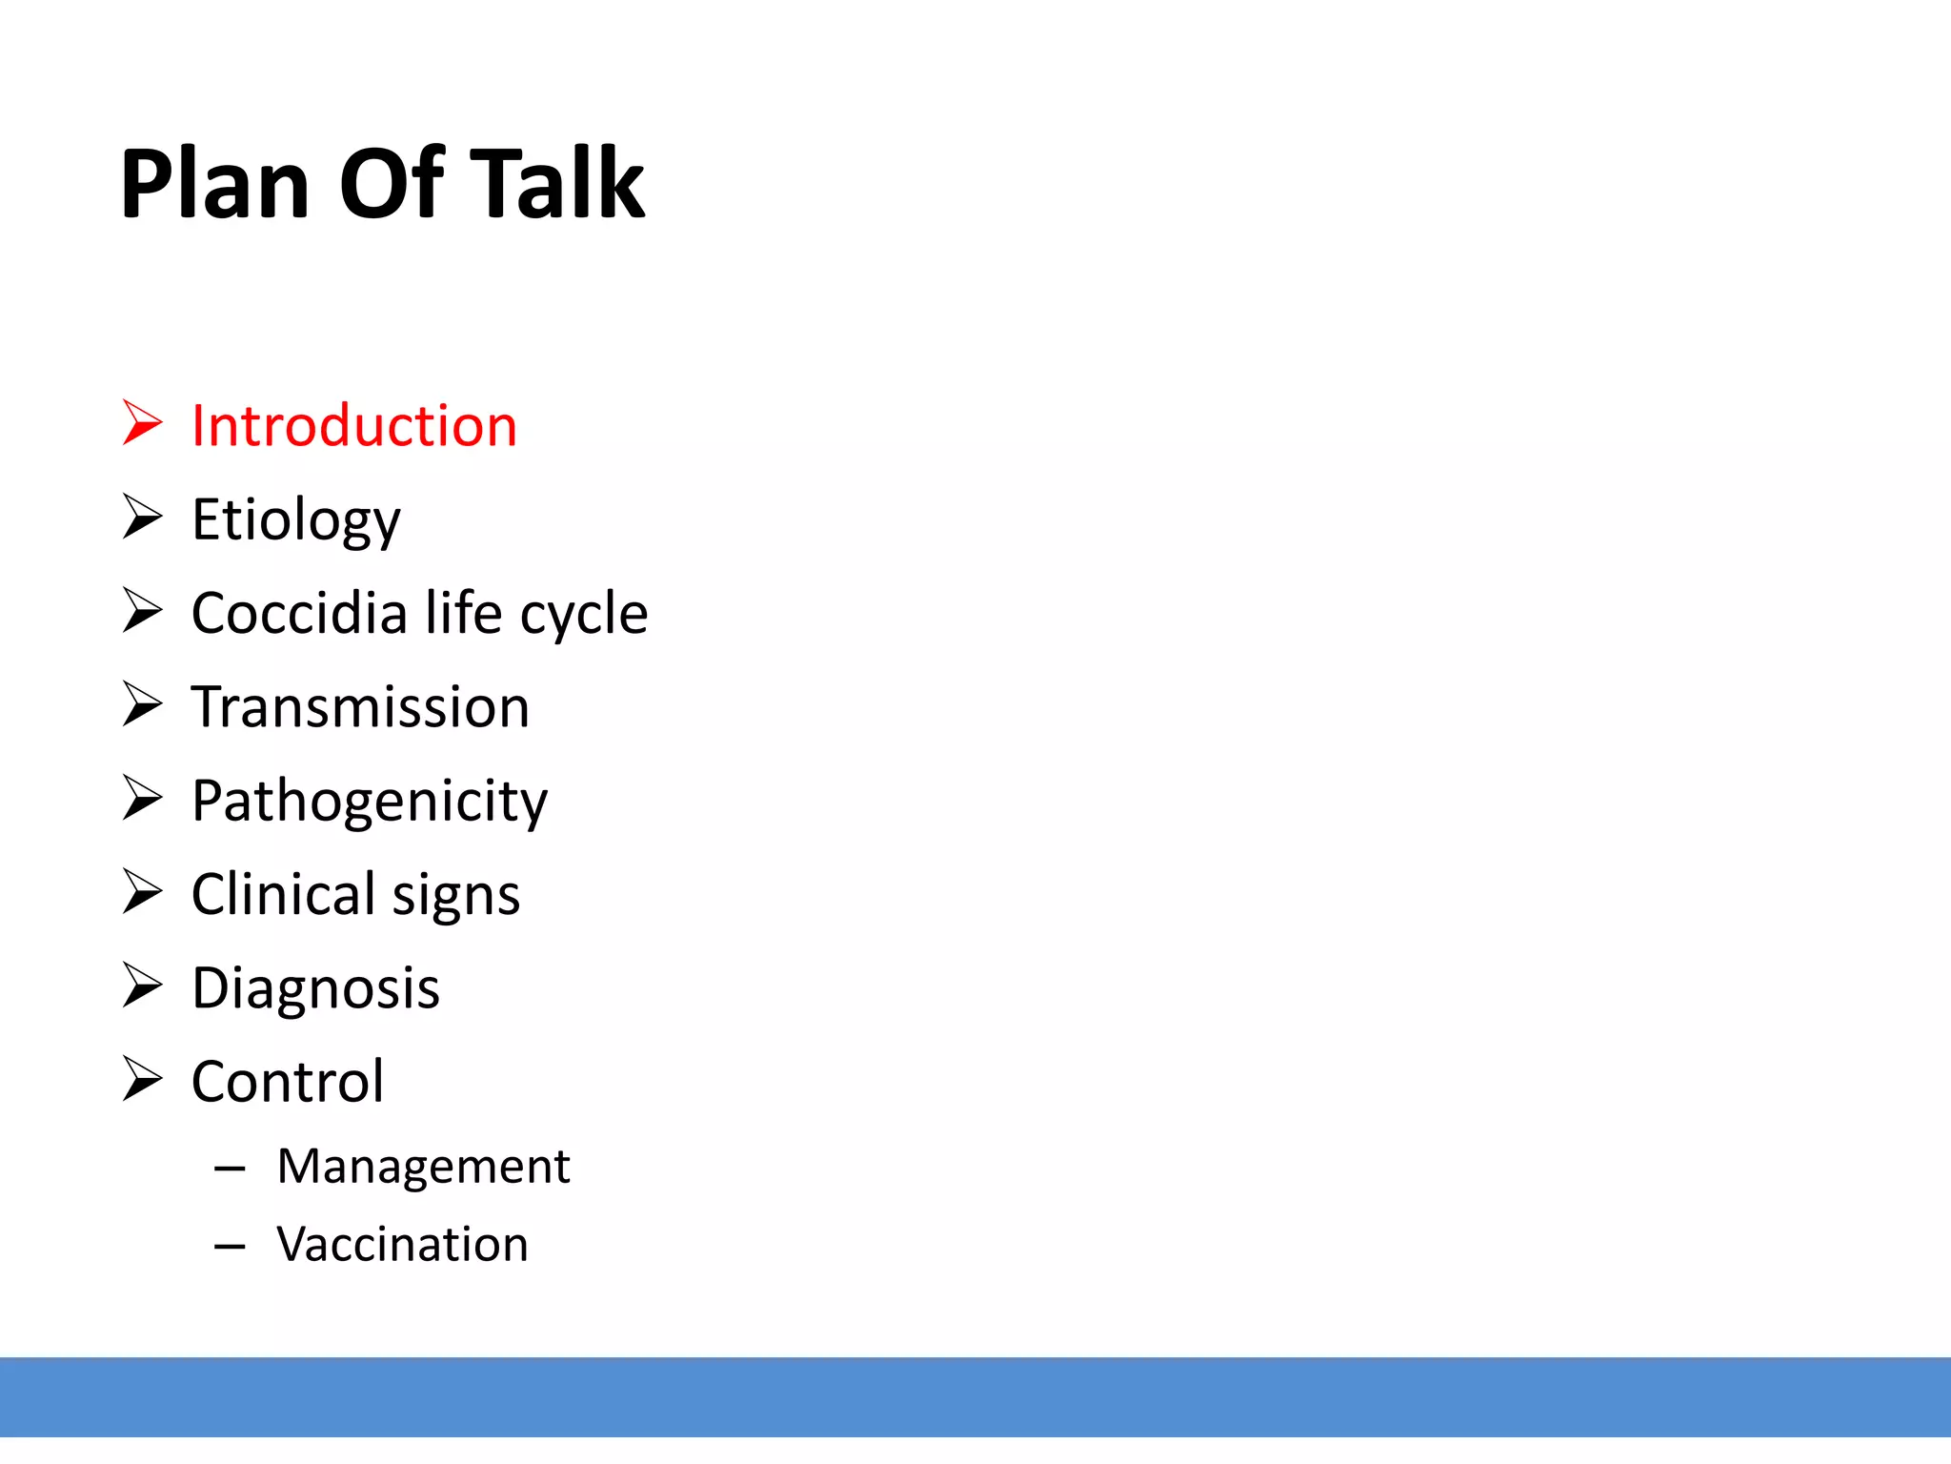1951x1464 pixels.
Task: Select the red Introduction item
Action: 353,425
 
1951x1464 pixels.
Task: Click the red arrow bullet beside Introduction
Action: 143,422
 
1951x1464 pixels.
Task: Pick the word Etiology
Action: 295,520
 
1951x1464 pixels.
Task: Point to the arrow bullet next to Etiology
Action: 143,517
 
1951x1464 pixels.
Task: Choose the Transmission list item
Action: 360,706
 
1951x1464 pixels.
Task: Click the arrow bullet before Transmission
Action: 143,704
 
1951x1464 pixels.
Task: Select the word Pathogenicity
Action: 370,801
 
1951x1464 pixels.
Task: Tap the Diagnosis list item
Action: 315,988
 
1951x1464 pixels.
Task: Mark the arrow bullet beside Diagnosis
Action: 143,986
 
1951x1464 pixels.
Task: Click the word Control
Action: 288,1082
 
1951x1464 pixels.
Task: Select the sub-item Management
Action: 423,1167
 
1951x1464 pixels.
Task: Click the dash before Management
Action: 231,1168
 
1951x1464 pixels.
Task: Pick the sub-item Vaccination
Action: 402,1245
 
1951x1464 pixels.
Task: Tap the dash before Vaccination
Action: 231,1246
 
